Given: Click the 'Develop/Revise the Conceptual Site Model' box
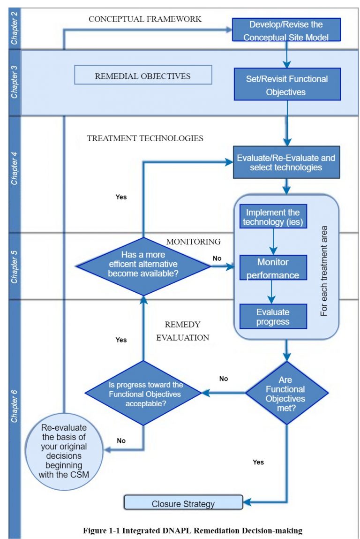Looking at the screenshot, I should coord(285,30).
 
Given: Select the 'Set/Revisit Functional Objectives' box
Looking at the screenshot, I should coord(287,85).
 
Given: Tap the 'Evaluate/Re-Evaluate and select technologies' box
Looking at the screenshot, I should coord(286,162).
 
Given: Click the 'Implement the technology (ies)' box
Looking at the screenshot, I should coord(273,216).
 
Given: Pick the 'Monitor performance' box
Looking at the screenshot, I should coord(273,267).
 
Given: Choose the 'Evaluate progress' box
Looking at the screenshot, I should coord(273,317).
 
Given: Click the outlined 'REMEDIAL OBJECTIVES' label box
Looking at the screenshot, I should coord(142,76).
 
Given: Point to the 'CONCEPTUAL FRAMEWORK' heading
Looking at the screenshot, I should coord(145,19).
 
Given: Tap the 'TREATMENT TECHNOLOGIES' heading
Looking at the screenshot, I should coord(145,138).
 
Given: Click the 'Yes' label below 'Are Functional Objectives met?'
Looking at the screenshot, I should coord(258,462).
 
